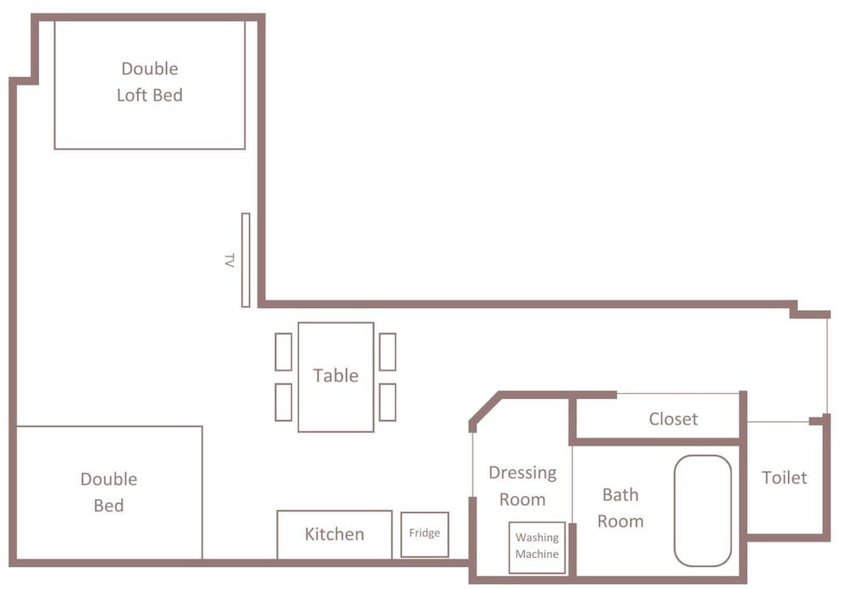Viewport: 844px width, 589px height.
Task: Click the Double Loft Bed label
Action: tap(149, 82)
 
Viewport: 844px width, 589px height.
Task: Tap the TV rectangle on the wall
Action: tap(246, 260)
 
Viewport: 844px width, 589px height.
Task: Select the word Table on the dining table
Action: tap(336, 376)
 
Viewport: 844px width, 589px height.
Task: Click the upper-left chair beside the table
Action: tap(284, 352)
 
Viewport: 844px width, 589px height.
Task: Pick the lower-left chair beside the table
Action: tap(284, 402)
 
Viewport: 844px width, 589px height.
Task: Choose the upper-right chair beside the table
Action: tap(387, 352)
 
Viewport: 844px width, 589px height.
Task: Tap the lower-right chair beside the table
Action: tap(387, 402)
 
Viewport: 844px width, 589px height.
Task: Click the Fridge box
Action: tap(425, 534)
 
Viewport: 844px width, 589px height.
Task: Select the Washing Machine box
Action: tap(537, 547)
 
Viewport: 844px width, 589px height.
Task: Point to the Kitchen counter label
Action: tap(334, 534)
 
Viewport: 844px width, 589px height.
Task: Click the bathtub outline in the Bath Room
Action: tap(675, 511)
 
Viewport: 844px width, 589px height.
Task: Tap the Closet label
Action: tap(674, 419)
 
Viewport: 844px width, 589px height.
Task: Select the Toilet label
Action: tap(784, 478)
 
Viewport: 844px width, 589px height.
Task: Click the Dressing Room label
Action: tap(522, 486)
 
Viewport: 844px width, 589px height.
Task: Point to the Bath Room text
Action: tap(620, 508)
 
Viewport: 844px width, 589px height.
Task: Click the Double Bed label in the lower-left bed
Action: tap(109, 492)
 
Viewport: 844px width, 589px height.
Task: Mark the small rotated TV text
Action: tap(230, 261)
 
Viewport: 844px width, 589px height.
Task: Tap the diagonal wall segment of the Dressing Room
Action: tap(485, 408)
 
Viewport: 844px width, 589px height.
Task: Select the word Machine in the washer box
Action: tap(537, 554)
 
